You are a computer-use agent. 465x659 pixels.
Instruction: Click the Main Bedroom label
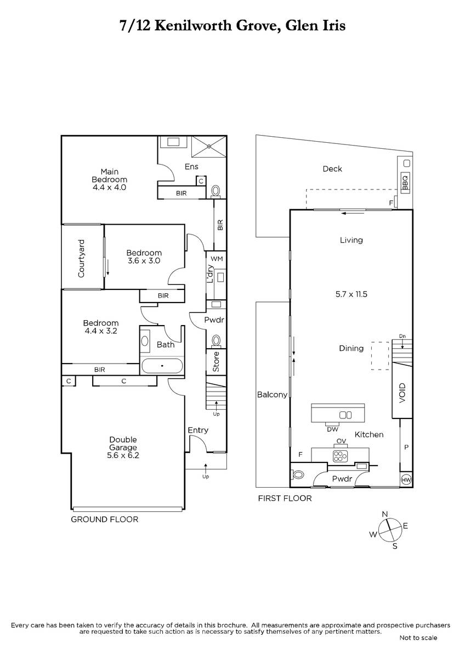pos(109,175)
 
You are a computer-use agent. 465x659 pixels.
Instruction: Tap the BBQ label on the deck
pos(405,182)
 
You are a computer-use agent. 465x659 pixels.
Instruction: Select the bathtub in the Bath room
pos(162,366)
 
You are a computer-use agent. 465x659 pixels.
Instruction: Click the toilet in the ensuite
pos(216,191)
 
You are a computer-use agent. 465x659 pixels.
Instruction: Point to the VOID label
pos(402,393)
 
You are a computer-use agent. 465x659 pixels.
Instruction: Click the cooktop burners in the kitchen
pos(340,456)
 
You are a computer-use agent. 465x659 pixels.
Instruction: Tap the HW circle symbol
pos(406,480)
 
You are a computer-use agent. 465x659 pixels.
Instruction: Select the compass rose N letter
pos(385,514)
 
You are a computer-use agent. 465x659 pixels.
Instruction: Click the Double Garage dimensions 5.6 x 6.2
pos(123,455)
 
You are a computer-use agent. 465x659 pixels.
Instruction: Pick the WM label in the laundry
pos(217,259)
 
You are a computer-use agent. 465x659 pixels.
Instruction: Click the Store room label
pos(216,361)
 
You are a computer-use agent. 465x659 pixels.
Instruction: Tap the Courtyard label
pos(81,258)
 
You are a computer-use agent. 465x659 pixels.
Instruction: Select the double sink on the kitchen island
pos(345,415)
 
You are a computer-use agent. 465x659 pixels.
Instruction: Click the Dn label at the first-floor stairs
pos(402,336)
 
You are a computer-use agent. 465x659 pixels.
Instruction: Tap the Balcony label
pos(272,395)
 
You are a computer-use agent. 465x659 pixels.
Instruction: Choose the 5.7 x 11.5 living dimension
pos(351,294)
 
